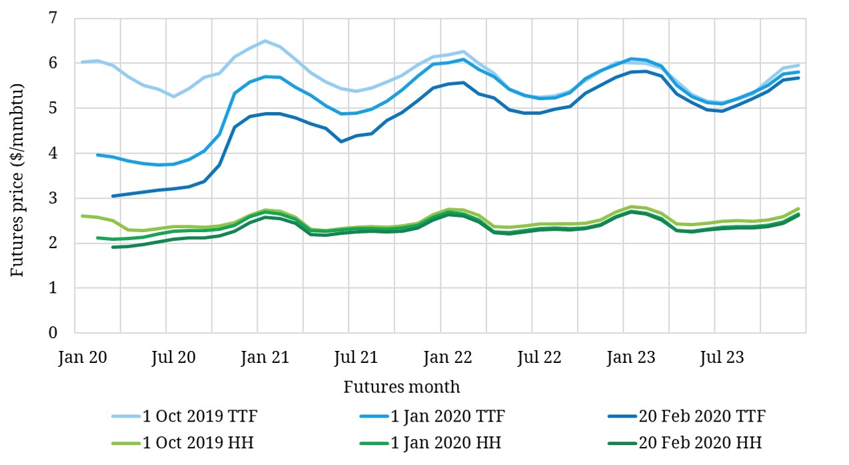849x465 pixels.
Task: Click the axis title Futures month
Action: [402, 387]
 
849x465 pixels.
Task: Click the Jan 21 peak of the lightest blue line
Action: [265, 41]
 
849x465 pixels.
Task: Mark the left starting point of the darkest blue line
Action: [113, 196]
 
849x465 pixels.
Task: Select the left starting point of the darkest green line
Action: [113, 247]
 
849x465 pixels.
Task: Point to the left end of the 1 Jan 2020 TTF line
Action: [97, 155]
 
